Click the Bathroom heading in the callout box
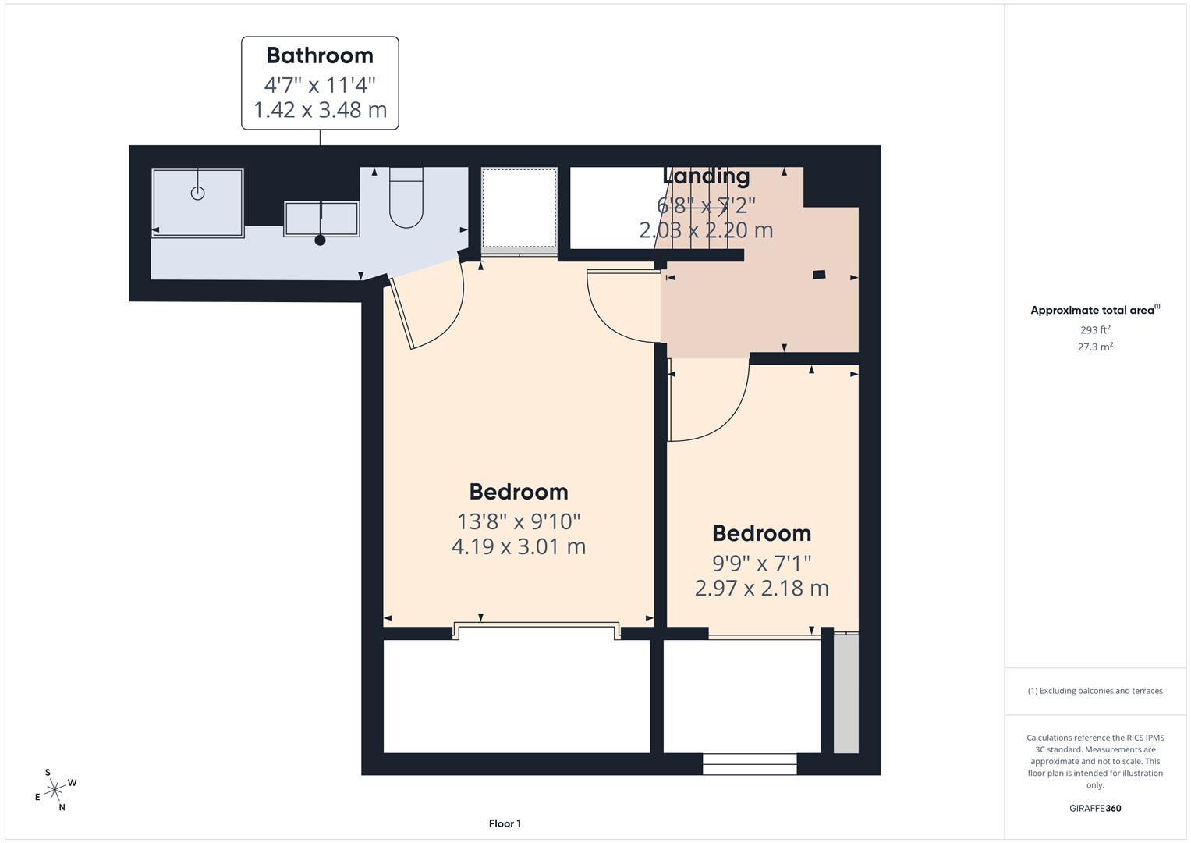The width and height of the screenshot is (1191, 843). (320, 55)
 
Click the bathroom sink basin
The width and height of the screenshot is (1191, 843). (321, 219)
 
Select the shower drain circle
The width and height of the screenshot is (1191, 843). (198, 193)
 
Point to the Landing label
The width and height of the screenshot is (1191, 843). (706, 176)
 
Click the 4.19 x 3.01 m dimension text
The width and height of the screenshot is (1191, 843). (519, 546)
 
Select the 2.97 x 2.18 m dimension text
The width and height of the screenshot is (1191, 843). (761, 588)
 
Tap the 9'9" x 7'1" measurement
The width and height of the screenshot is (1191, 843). (761, 562)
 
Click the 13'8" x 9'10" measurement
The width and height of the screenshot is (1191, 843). (519, 521)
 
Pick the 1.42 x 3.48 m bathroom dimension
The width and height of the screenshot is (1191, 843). (320, 109)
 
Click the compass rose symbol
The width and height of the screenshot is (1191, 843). (55, 790)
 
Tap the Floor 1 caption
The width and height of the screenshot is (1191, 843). (505, 823)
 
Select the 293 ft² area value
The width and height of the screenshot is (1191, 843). (1095, 329)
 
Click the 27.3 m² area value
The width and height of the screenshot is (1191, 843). (1095, 347)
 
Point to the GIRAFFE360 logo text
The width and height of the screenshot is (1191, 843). (1095, 808)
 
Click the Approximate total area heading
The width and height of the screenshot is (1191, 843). (1094, 310)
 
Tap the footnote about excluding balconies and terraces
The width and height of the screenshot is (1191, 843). (1095, 691)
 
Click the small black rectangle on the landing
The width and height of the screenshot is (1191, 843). (819, 274)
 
